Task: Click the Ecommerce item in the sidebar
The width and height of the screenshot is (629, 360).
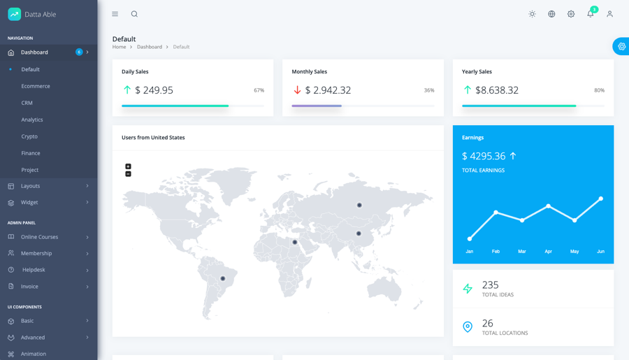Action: [36, 86]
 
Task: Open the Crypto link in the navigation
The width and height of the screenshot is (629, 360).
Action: [29, 136]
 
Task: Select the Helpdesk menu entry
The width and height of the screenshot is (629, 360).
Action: [34, 270]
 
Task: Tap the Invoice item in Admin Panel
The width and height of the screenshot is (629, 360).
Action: [29, 287]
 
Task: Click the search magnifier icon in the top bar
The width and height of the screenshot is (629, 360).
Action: [134, 14]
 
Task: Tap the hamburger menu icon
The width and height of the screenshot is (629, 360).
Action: [115, 14]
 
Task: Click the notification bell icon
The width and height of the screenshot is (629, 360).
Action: [591, 14]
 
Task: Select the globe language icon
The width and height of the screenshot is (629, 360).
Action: [551, 14]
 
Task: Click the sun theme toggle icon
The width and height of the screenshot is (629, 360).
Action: [533, 14]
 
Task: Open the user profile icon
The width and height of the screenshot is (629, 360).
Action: [609, 14]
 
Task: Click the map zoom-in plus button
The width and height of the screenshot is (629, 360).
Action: [128, 166]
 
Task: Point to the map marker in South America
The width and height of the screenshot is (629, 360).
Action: [223, 278]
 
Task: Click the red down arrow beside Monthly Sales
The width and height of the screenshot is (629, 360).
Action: [297, 90]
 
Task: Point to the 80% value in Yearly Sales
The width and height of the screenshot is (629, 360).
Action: [599, 90]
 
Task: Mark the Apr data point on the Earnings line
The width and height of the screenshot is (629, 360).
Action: [549, 206]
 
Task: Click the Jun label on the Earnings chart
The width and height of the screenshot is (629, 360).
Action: [600, 252]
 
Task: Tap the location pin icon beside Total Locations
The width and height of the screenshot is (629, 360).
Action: [468, 326]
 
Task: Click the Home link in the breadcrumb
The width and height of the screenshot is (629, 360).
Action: [119, 47]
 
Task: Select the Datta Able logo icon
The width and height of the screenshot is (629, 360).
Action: [14, 14]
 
